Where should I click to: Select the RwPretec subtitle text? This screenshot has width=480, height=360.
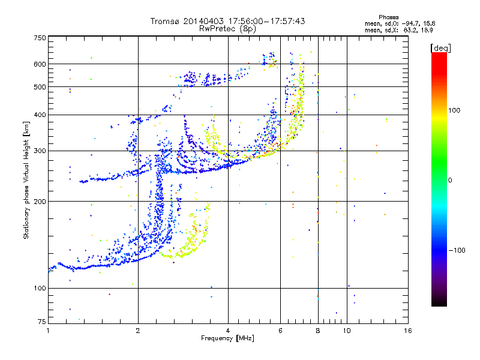[x=215, y=28]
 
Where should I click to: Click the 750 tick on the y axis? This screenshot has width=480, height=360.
[x=40, y=38]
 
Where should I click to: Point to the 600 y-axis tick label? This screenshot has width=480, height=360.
[x=40, y=64]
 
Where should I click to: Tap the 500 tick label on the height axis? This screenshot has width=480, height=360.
[x=40, y=88]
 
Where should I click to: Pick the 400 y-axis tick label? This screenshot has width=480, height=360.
[x=40, y=115]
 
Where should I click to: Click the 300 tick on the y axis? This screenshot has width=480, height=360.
[x=40, y=151]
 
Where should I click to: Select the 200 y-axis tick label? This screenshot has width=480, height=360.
[x=40, y=202]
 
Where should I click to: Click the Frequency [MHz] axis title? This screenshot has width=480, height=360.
[x=228, y=339]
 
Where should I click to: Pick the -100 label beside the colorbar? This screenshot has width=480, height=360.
[x=458, y=250]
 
